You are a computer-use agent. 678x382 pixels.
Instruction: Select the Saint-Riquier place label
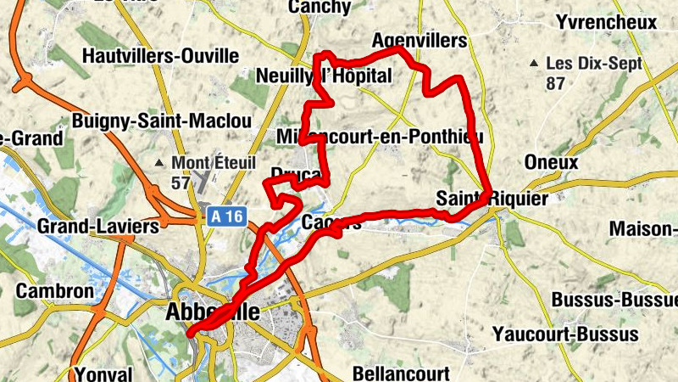(x=492, y=199)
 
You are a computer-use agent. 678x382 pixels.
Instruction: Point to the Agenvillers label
(x=420, y=41)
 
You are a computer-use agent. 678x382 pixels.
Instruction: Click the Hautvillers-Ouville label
(x=161, y=56)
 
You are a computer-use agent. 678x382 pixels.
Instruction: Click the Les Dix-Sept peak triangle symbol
(x=534, y=64)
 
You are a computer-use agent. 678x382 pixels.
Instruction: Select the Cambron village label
(x=55, y=290)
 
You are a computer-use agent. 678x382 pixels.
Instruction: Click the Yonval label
(x=103, y=374)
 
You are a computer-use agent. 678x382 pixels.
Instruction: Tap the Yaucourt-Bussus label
(x=565, y=334)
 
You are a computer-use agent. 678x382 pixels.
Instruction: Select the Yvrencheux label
(x=607, y=21)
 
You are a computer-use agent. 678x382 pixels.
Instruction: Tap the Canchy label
(x=320, y=7)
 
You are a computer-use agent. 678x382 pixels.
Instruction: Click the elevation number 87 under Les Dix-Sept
(x=556, y=83)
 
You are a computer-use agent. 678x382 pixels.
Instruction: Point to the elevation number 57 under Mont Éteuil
(x=181, y=182)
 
